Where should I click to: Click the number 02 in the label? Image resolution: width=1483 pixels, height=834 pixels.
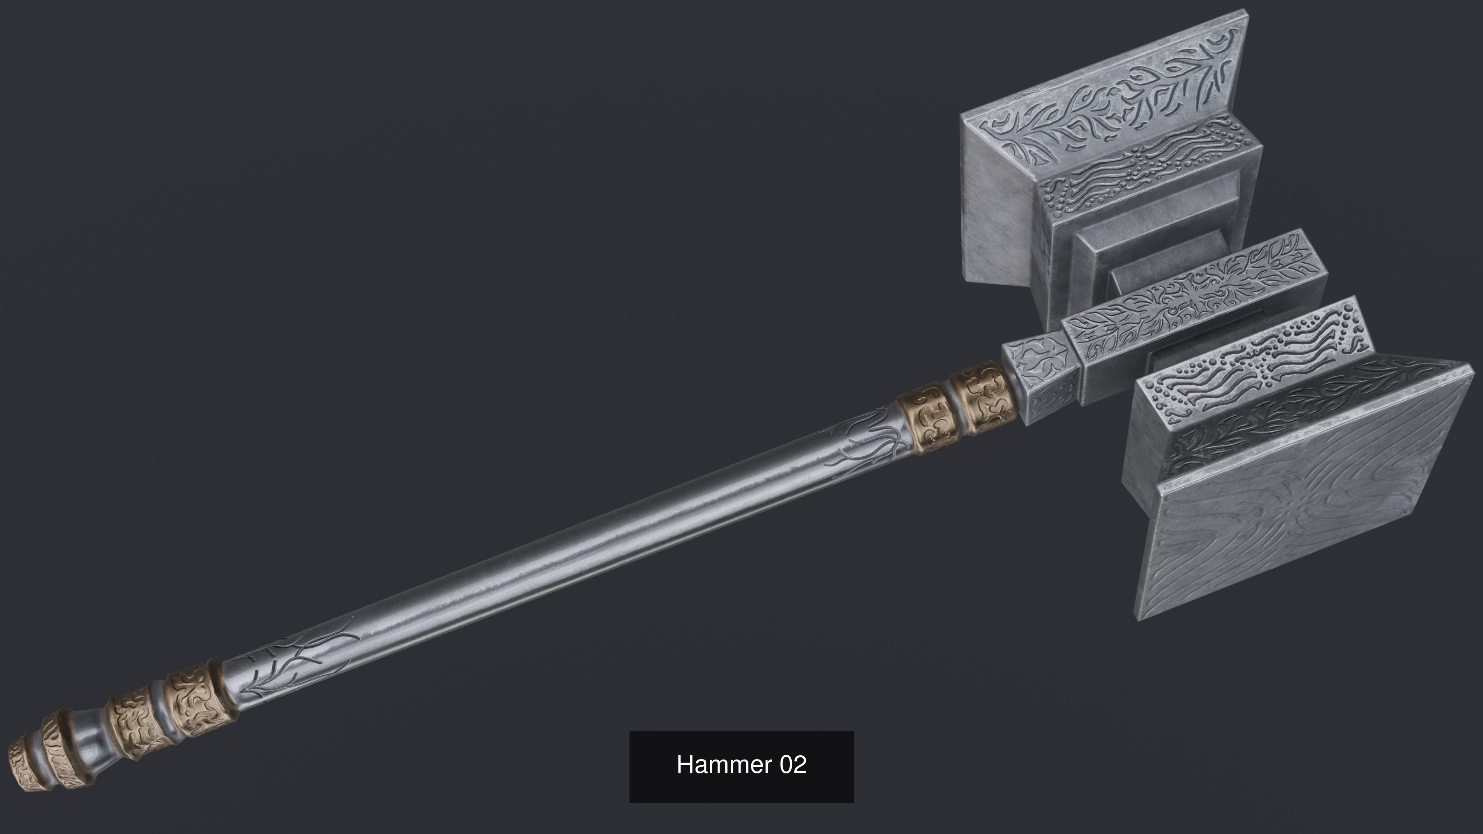[793, 765]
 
